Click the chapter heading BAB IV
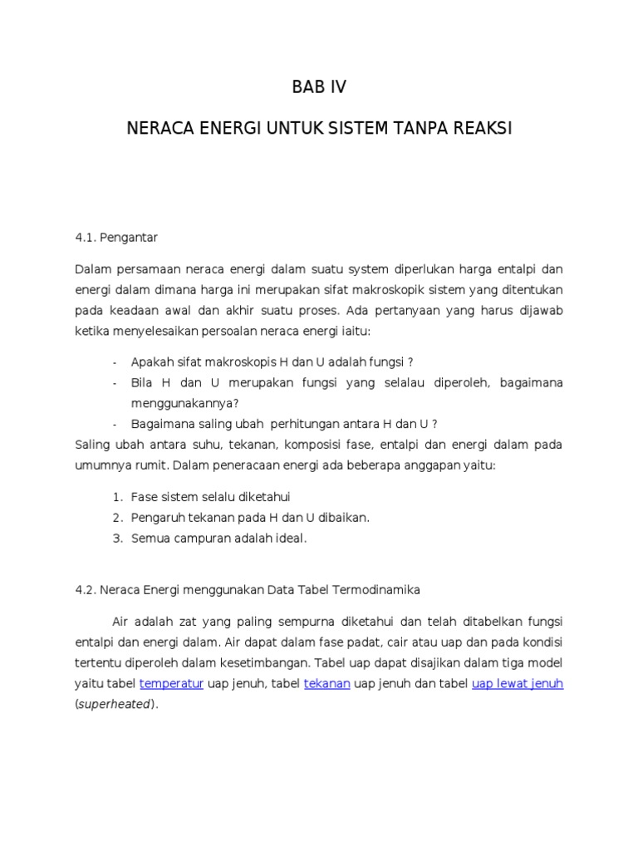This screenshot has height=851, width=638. [318, 87]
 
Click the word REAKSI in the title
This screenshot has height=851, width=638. [484, 130]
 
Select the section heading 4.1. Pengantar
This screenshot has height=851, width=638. [116, 238]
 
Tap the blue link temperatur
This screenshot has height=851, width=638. [172, 684]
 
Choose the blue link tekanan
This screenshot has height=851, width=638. [327, 684]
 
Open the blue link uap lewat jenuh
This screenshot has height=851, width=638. [518, 684]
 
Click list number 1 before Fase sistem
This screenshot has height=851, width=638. [117, 497]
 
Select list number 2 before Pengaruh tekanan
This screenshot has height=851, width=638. [117, 518]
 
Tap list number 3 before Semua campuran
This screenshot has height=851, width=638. [117, 539]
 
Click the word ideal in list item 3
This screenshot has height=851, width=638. [292, 539]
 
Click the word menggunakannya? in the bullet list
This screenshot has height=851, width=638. [184, 403]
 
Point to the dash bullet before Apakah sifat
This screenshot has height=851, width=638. [114, 362]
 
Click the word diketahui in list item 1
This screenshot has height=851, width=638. [261, 497]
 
